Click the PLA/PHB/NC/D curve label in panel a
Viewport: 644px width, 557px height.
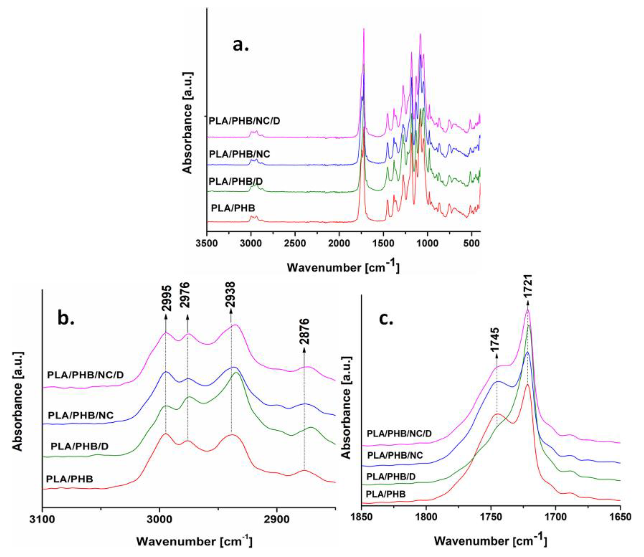coord(244,121)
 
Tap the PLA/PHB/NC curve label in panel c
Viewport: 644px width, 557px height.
coord(395,455)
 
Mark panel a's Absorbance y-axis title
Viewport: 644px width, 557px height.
coord(187,123)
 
